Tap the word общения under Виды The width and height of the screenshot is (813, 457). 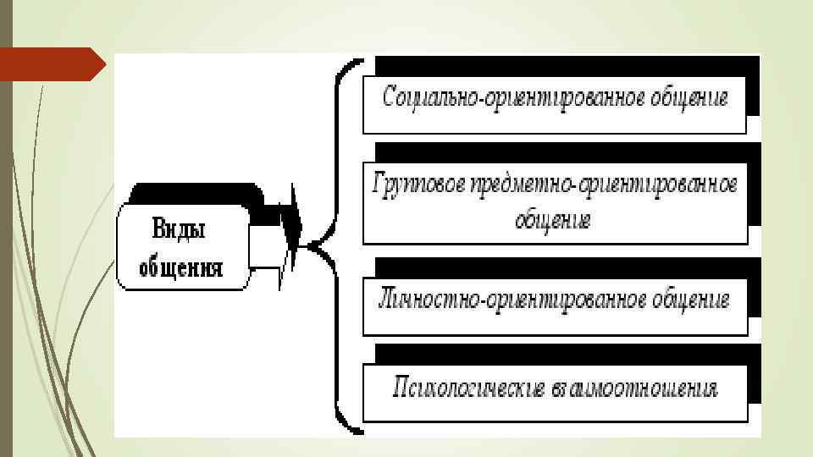[x=180, y=268]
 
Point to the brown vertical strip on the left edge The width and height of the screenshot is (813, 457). [x=7, y=254]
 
